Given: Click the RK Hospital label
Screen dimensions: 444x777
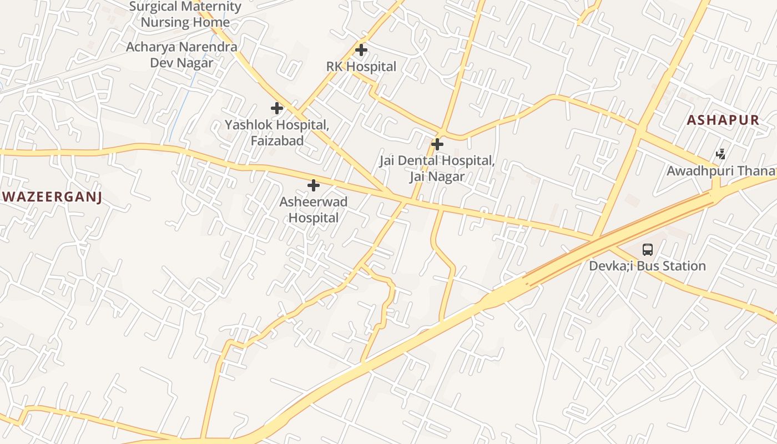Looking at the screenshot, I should (x=361, y=67).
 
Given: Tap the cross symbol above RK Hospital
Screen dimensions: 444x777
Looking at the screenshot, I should (x=361, y=50).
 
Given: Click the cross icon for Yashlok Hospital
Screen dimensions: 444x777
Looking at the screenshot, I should (x=277, y=108).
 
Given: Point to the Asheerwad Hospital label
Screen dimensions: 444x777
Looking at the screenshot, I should (x=314, y=210).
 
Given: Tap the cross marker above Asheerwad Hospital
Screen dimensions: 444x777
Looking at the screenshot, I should (x=314, y=185).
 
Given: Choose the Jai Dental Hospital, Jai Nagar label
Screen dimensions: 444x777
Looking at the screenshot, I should (x=437, y=169).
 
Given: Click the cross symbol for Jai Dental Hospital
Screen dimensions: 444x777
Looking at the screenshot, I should (x=437, y=144).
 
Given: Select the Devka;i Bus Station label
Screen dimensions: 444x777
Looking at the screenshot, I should (x=647, y=266).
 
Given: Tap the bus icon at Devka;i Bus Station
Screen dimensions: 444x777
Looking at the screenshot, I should (x=648, y=250).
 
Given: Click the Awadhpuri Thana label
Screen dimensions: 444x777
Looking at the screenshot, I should (x=720, y=171).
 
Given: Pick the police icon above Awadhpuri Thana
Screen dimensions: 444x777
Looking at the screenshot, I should (x=720, y=154).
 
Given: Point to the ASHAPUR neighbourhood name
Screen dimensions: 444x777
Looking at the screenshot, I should (x=723, y=120).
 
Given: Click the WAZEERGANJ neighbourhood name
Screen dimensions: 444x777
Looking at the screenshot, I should (x=52, y=197).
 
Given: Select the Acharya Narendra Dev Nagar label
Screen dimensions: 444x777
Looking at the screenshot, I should (x=181, y=54).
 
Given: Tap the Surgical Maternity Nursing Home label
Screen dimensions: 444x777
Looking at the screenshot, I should (x=185, y=14).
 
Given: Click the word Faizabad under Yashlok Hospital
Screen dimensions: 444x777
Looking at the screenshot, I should (x=277, y=141).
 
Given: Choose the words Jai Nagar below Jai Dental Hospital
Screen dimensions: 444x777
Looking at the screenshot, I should (x=437, y=177).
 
